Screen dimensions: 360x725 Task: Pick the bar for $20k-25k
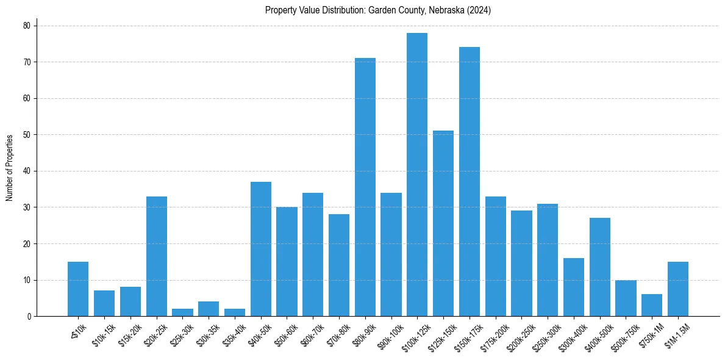point(157,256)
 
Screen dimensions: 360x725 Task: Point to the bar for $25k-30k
point(183,312)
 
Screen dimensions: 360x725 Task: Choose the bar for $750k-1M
point(652,305)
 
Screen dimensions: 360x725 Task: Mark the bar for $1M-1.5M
point(678,289)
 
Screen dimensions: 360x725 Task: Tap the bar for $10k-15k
point(104,303)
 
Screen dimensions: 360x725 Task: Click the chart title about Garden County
point(378,10)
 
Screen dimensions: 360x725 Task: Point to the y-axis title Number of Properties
point(10,168)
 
